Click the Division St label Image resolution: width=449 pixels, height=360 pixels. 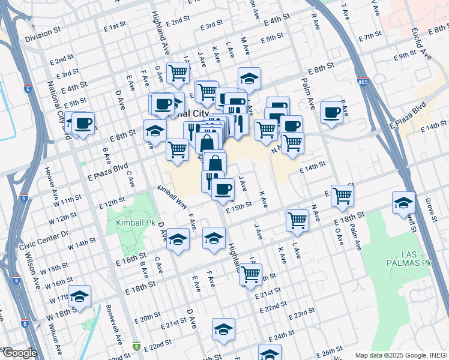tap(44, 37)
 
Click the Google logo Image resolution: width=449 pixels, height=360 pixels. tap(19, 353)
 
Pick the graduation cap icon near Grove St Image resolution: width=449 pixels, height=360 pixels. tap(403, 203)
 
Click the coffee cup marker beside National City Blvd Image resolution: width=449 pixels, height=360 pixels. tap(83, 124)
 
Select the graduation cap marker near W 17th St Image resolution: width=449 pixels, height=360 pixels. tap(79, 296)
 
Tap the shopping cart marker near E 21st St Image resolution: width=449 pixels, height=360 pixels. tap(250, 274)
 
